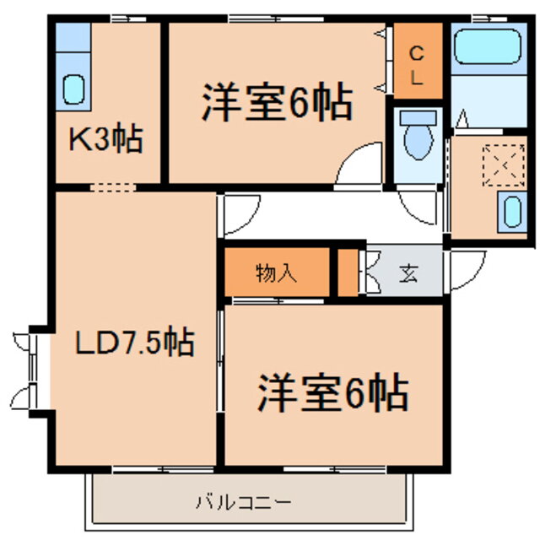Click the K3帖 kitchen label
(x=105, y=138)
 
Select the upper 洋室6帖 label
(x=276, y=104)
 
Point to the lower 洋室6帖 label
(x=332, y=392)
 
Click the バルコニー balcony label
(x=244, y=503)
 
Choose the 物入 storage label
(x=276, y=273)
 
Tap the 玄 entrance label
(x=409, y=273)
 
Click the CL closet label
(x=418, y=65)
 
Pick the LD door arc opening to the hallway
(x=239, y=215)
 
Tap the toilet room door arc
(x=419, y=206)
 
